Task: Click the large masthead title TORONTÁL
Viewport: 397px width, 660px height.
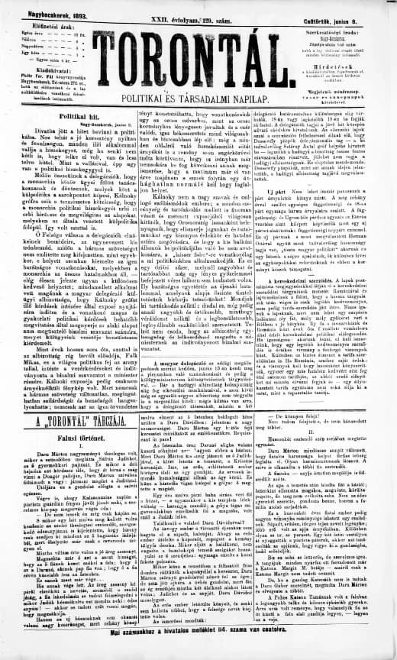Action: point(199,55)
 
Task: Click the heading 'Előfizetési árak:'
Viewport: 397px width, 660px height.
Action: point(43,23)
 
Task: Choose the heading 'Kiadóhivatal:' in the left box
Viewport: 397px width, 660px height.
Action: point(43,68)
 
